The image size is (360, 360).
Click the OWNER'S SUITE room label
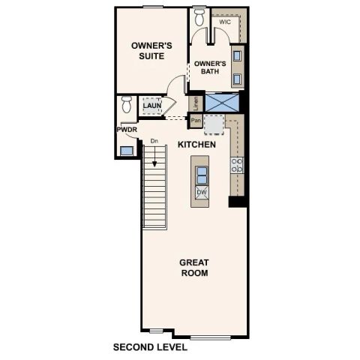151,51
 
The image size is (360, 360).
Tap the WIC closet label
224,22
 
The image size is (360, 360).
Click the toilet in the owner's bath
199,16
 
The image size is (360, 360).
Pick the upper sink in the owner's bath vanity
237,55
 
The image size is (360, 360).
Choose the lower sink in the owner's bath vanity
237,78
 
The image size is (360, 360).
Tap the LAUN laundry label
153,107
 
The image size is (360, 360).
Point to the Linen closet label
195,103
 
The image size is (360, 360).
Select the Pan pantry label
195,120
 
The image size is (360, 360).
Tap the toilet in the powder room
127,105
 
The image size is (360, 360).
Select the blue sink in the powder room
125,150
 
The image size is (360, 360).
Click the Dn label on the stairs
154,141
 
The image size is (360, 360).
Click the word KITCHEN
196,143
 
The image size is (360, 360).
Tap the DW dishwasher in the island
201,193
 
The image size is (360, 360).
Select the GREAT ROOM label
193,267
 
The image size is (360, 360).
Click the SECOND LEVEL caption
149,347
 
